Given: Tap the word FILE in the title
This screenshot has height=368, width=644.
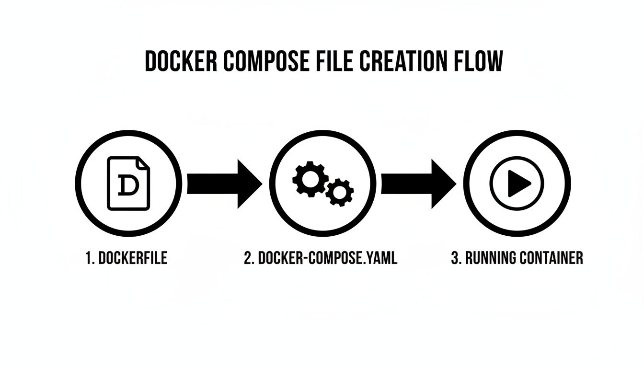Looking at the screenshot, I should (325, 62).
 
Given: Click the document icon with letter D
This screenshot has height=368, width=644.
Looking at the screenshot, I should (128, 183).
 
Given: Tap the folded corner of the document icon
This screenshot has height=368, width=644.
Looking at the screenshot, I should (143, 162).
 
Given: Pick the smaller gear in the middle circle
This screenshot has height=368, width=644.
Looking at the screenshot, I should (340, 192).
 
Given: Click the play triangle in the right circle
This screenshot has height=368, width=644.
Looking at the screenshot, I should (518, 183).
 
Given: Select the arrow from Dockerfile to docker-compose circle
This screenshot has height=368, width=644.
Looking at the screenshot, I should (224, 184).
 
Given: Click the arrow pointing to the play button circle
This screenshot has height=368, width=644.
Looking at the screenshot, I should (418, 184).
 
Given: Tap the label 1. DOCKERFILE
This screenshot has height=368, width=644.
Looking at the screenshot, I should (126, 258).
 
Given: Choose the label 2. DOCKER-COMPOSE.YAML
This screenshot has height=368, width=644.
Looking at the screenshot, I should (321, 258).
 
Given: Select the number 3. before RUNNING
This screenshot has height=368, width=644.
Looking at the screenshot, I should (456, 258).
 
